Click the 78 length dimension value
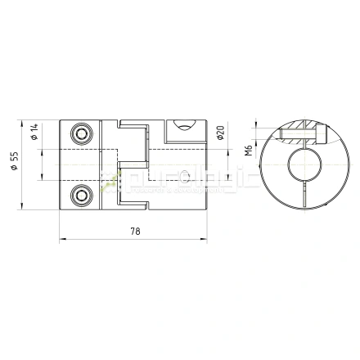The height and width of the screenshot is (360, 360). pos(135,232)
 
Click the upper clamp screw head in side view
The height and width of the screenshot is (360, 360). pos(80,133)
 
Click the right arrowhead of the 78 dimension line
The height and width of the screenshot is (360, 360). pos(205,241)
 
